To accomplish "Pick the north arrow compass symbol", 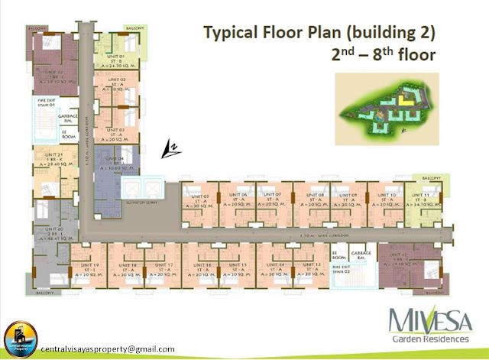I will (171, 149).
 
